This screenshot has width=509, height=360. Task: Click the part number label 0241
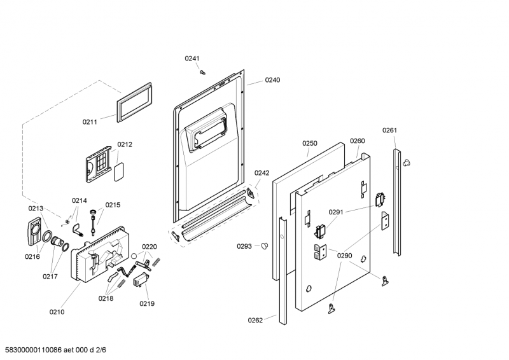(x=192, y=59)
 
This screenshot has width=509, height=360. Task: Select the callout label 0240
(x=272, y=80)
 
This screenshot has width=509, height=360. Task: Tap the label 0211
(x=90, y=121)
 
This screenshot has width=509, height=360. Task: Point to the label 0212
(x=125, y=144)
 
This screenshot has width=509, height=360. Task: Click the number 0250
(x=309, y=144)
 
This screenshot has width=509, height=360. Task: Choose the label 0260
(x=358, y=141)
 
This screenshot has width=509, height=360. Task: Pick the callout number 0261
(x=389, y=130)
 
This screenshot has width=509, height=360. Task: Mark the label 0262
(x=255, y=320)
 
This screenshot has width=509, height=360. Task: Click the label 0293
(x=244, y=246)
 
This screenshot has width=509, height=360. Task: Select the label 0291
(x=336, y=212)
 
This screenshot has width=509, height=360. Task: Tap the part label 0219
(x=147, y=303)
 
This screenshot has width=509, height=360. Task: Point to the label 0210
(x=57, y=312)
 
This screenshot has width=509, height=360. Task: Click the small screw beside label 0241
(x=202, y=72)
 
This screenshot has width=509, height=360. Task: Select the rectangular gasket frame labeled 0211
(x=134, y=102)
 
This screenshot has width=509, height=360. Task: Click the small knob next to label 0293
(x=265, y=246)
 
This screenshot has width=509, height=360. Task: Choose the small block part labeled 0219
(x=141, y=281)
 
